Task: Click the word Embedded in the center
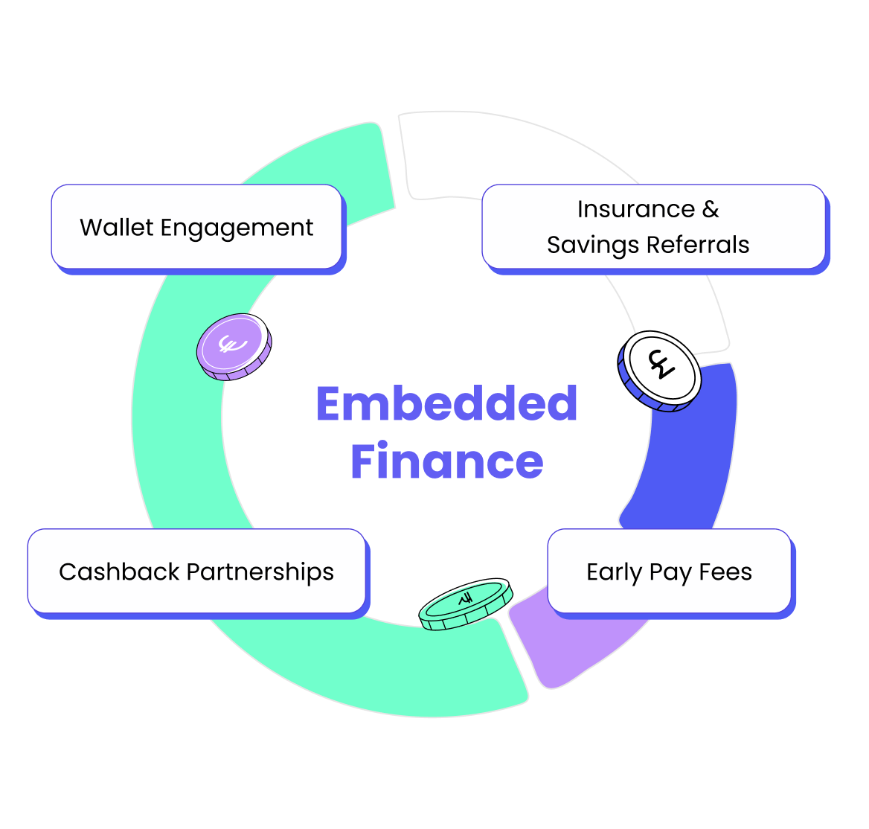pyautogui.click(x=446, y=404)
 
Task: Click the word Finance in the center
pyautogui.click(x=446, y=461)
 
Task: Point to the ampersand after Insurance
pyautogui.click(x=711, y=209)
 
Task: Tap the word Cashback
pyautogui.click(x=119, y=572)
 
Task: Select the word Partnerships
pyautogui.click(x=260, y=572)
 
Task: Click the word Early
pyautogui.click(x=614, y=572)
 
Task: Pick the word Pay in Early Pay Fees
pyautogui.click(x=670, y=573)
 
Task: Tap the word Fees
pyautogui.click(x=725, y=572)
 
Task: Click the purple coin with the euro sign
pyautogui.click(x=234, y=347)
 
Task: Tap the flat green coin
pyautogui.click(x=466, y=603)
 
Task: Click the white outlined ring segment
pyautogui.click(x=521, y=156)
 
